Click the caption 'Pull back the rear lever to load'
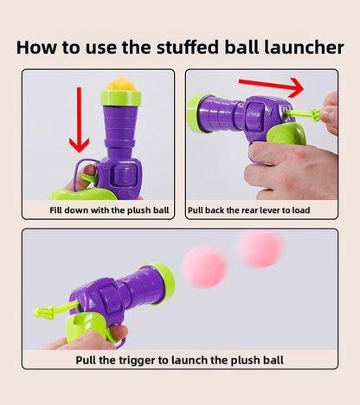(x=260, y=210)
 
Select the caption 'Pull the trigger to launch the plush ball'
(x=179, y=359)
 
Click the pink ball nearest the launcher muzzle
(x=204, y=264)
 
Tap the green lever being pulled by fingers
(x=305, y=114)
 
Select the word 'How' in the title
(x=36, y=47)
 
